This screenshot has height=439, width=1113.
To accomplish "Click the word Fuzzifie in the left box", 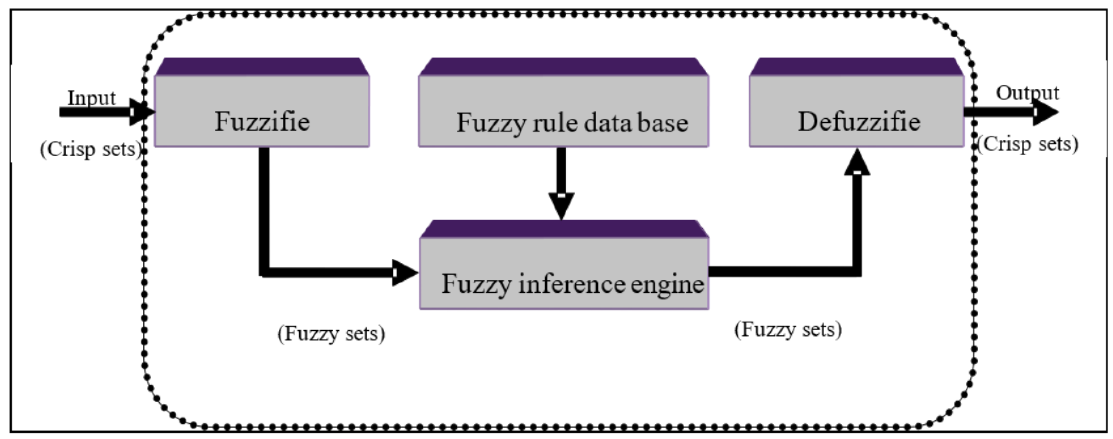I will [262, 121].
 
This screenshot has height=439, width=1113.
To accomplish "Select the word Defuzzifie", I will [859, 121].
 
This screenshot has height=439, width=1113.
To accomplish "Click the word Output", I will [1027, 93].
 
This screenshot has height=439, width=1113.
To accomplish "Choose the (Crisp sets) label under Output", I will [1027, 144].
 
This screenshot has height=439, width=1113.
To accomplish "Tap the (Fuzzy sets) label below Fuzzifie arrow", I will [331, 334].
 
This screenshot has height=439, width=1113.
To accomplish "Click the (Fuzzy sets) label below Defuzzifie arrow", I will [788, 330].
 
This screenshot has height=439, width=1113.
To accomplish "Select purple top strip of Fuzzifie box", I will [262, 67].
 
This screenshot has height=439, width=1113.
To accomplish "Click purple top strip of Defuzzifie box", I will [856, 67].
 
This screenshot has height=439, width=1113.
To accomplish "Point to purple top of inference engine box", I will [564, 229].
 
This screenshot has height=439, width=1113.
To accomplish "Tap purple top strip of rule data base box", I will [563, 67].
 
